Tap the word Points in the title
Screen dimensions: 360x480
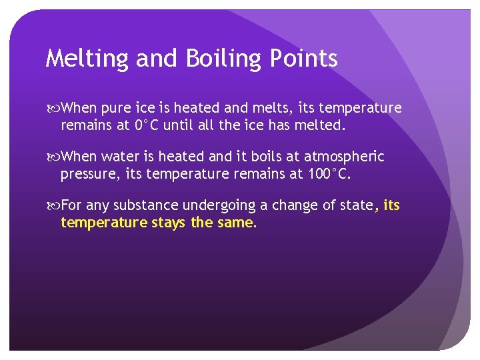305,59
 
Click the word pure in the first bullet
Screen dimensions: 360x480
115,108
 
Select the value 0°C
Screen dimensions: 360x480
147,124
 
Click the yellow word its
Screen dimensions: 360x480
391,206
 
